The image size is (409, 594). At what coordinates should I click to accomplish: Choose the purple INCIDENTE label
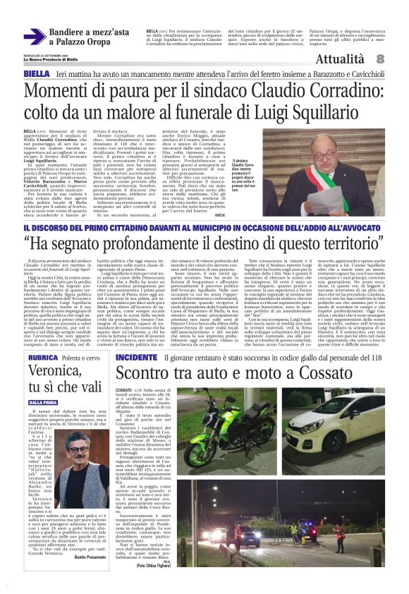(x=136, y=358)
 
